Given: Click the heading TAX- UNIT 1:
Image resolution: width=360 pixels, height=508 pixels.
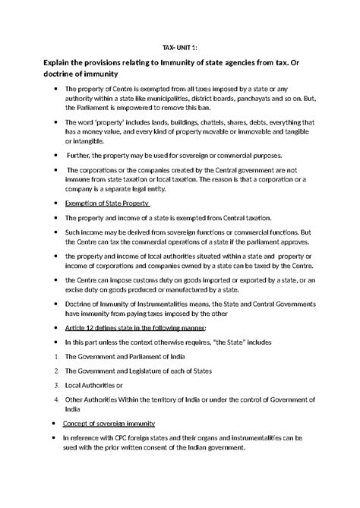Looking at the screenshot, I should [179, 47].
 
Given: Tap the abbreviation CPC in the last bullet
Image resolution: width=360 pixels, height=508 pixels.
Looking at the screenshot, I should [122, 438].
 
